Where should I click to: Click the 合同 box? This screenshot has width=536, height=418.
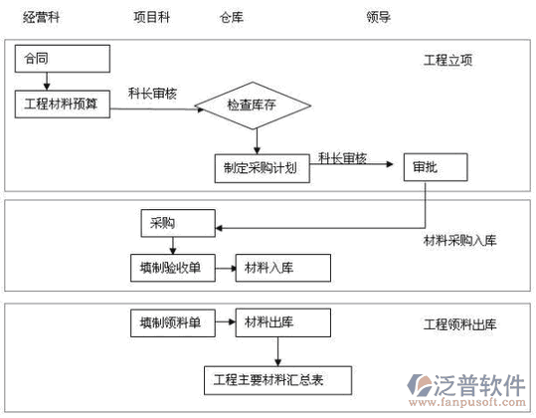(x=63, y=59)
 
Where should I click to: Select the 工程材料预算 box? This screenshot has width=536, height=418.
(x=63, y=104)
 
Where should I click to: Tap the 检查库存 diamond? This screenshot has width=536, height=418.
(x=253, y=105)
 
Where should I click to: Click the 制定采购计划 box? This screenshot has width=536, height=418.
(x=263, y=168)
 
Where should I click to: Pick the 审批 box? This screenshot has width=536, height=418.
(x=436, y=167)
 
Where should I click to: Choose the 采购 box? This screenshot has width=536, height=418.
(x=178, y=223)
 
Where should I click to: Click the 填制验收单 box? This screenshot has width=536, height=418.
(x=173, y=268)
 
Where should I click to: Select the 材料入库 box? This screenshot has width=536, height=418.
(x=283, y=268)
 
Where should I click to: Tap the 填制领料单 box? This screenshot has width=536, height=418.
(x=173, y=322)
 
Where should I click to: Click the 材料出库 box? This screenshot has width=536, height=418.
(x=283, y=322)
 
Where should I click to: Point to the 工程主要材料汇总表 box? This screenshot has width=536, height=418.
(x=277, y=380)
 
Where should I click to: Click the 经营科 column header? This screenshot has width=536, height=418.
(x=41, y=17)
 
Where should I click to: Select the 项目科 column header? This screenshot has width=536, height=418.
(x=152, y=17)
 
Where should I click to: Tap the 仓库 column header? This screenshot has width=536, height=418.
(x=232, y=17)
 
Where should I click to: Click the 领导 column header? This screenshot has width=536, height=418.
(x=379, y=17)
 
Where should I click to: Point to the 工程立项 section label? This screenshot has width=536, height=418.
(x=448, y=60)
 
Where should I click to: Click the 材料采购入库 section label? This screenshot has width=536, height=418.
(x=459, y=241)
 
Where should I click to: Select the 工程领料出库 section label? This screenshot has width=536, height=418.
(x=459, y=324)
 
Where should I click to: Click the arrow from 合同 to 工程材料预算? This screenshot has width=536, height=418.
(x=47, y=82)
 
